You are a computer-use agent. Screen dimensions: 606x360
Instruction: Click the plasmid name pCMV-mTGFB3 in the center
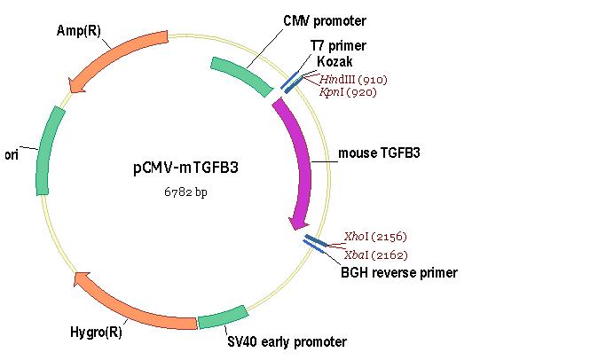(186, 168)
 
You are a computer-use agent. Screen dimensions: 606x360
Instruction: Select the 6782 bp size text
(186, 192)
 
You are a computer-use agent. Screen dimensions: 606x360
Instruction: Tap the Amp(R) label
(78, 30)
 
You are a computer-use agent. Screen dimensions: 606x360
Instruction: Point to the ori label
(12, 155)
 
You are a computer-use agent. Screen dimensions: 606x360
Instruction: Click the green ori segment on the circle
(47, 151)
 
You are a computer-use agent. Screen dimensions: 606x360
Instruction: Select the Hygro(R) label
(96, 333)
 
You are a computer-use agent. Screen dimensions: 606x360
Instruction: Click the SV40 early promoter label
(287, 342)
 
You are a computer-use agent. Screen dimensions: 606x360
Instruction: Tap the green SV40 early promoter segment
(223, 317)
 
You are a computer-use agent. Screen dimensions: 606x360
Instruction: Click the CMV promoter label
(325, 21)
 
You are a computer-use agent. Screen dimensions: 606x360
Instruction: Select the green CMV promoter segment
(241, 75)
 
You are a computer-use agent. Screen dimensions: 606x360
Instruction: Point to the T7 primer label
(338, 45)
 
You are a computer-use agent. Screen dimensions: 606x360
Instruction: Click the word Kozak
(334, 61)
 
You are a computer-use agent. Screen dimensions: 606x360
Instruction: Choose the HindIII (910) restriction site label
(353, 80)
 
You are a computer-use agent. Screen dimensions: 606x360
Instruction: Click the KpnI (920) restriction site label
(348, 92)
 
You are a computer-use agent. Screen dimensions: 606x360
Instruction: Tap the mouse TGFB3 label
(379, 153)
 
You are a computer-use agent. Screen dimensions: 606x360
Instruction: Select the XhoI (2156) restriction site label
(375, 237)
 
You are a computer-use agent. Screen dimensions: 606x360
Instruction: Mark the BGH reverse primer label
(399, 273)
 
